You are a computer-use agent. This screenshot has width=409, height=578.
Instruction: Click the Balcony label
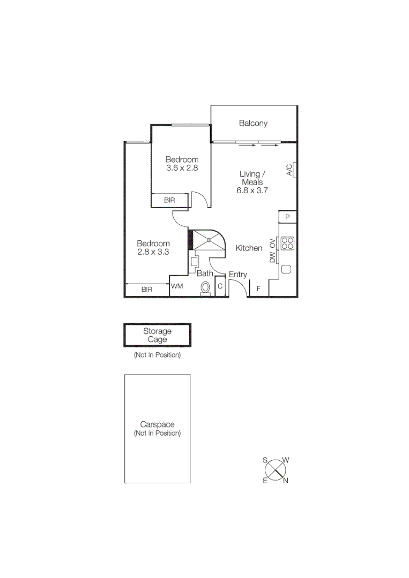[253, 124]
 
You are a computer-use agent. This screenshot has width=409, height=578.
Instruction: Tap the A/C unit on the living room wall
[290, 170]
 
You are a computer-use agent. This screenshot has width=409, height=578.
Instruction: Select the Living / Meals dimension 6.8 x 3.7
[252, 190]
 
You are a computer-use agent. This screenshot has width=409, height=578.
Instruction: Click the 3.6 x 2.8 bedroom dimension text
[182, 168]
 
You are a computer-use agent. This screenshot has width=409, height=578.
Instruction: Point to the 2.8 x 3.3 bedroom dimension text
[153, 252]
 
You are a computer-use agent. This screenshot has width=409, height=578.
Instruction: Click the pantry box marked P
[287, 217]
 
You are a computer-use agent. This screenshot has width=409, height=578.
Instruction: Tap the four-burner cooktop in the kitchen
[287, 244]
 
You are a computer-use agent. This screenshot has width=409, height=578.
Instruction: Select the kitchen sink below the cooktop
[286, 269]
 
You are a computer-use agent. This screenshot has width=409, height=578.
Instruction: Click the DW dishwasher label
[272, 257]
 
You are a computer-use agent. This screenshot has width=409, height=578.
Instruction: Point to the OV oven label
[272, 244]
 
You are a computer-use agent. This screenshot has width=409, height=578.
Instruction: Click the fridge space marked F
[258, 289]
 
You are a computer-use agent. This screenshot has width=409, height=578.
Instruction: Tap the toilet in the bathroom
[205, 288]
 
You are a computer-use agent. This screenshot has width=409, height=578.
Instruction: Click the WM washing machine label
[177, 286]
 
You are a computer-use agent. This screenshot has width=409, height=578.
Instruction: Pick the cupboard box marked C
[220, 287]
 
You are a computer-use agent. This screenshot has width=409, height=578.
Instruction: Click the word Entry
[238, 275]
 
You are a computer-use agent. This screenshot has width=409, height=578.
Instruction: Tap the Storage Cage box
[157, 336]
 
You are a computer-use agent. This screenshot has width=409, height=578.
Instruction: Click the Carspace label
[157, 424]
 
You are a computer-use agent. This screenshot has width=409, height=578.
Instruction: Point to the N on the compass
[286, 481]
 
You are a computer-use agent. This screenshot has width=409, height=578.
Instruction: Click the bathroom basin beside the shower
[195, 262]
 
